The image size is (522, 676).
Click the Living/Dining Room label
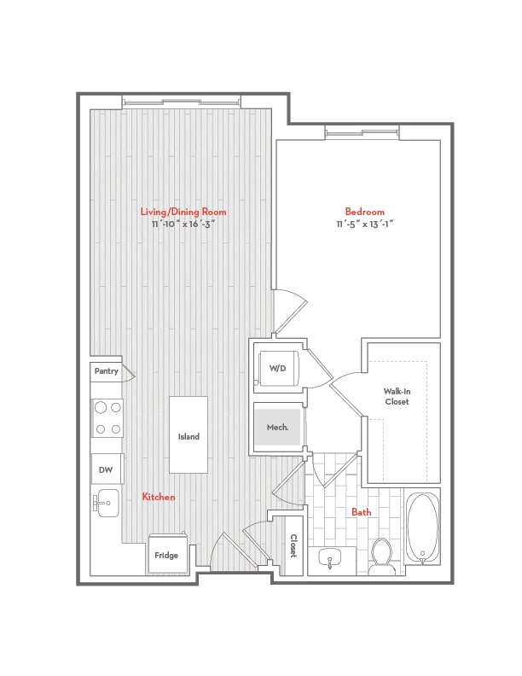pyautogui.click(x=183, y=212)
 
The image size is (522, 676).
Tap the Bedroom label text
pyautogui.click(x=364, y=212)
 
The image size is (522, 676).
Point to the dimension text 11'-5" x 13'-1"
pyautogui.click(x=365, y=224)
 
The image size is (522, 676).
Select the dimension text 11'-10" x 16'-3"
pyautogui.click(x=183, y=224)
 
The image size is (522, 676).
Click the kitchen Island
pyautogui.click(x=188, y=435)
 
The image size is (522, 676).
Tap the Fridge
pyautogui.click(x=168, y=554)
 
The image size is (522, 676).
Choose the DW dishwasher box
pyautogui.click(x=107, y=469)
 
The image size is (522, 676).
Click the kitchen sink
pyautogui.click(x=106, y=503)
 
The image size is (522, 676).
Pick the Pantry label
pyautogui.click(x=106, y=370)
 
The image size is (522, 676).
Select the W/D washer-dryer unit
pyautogui.click(x=278, y=368)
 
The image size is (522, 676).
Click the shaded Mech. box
pyautogui.click(x=278, y=427)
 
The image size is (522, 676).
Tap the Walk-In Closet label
pyautogui.click(x=397, y=397)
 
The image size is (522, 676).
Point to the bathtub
pyautogui.click(x=422, y=529)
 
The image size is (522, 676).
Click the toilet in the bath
pyautogui.click(x=381, y=557)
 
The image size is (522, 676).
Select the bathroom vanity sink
pyautogui.click(x=331, y=559)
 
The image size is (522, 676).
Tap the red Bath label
pyautogui.click(x=361, y=512)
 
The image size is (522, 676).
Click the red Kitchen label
pyautogui.click(x=159, y=497)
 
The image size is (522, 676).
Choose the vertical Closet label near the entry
pyautogui.click(x=293, y=545)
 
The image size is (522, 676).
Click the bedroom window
pyautogui.click(x=362, y=133)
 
